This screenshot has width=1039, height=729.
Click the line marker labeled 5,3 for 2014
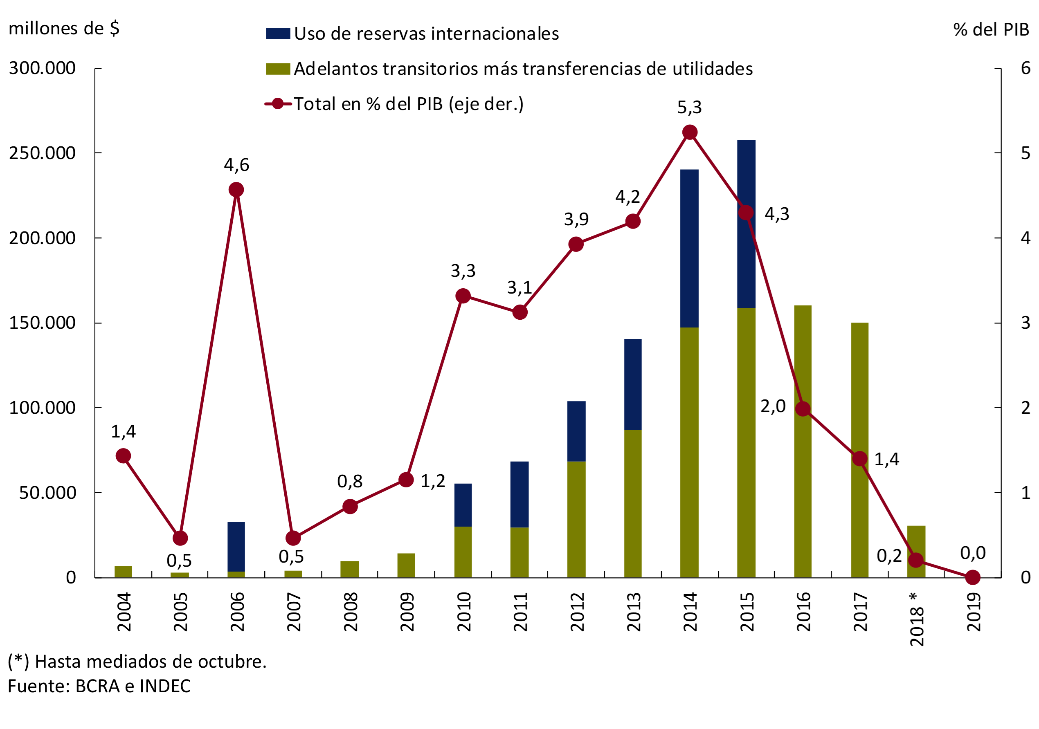point(690,132)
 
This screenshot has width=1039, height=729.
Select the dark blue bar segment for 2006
point(236,547)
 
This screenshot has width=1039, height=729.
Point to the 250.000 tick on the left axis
point(42,153)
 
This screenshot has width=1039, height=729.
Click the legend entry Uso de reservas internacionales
point(426,34)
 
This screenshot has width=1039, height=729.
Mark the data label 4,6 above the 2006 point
point(236,165)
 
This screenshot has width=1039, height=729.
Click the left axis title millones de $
point(64,29)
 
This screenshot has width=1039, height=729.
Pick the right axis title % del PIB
point(991,30)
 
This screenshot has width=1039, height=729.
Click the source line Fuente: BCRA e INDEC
point(99,686)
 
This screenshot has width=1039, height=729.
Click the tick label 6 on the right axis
point(1026,68)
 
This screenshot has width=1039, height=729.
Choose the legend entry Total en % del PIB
point(408,104)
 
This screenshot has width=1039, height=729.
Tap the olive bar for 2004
point(123,572)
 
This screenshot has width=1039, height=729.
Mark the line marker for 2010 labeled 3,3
point(463,296)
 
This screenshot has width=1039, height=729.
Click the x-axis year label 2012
point(577,612)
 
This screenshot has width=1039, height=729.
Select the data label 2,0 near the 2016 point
point(773,406)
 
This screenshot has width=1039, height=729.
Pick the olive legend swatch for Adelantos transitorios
point(278,69)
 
